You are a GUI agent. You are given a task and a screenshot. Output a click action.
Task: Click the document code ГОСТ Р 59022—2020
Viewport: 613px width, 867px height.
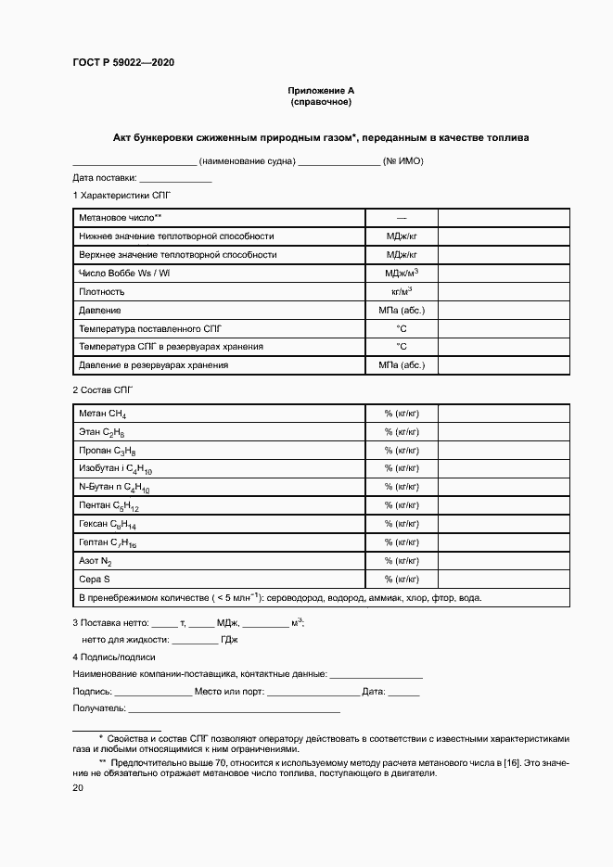pyautogui.click(x=122, y=62)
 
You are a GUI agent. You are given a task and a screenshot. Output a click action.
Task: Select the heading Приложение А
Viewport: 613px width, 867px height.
pyautogui.click(x=321, y=90)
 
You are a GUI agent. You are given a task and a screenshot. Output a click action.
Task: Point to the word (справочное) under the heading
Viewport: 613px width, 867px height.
pyautogui.click(x=321, y=101)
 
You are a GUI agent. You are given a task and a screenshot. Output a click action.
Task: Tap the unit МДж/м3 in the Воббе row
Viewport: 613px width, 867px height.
pyautogui.click(x=402, y=273)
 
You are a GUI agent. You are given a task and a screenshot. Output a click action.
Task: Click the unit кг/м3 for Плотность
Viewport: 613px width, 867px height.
pyautogui.click(x=402, y=291)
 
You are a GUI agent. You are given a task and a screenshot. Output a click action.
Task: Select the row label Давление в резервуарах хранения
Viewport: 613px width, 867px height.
pyautogui.click(x=154, y=364)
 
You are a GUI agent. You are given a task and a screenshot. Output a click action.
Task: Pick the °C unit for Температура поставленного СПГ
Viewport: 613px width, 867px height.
pyautogui.click(x=402, y=328)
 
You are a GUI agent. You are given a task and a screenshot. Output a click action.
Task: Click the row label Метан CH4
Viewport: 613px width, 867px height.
pyautogui.click(x=103, y=414)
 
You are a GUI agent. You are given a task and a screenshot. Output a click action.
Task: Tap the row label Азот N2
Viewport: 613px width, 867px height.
pyautogui.click(x=96, y=562)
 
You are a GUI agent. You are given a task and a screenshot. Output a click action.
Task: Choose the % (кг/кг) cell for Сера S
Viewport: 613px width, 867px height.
pyautogui.click(x=402, y=580)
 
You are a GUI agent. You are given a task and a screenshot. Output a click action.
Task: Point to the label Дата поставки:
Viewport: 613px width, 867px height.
pyautogui.click(x=105, y=177)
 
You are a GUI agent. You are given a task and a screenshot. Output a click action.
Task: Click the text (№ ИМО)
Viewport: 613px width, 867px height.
pyautogui.click(x=403, y=160)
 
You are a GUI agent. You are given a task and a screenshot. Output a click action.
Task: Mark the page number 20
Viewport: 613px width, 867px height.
pyautogui.click(x=78, y=787)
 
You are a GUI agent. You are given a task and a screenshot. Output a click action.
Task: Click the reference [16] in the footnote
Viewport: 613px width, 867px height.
pyautogui.click(x=510, y=761)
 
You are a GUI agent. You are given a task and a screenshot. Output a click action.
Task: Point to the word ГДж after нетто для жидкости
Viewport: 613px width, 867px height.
pyautogui.click(x=229, y=639)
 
